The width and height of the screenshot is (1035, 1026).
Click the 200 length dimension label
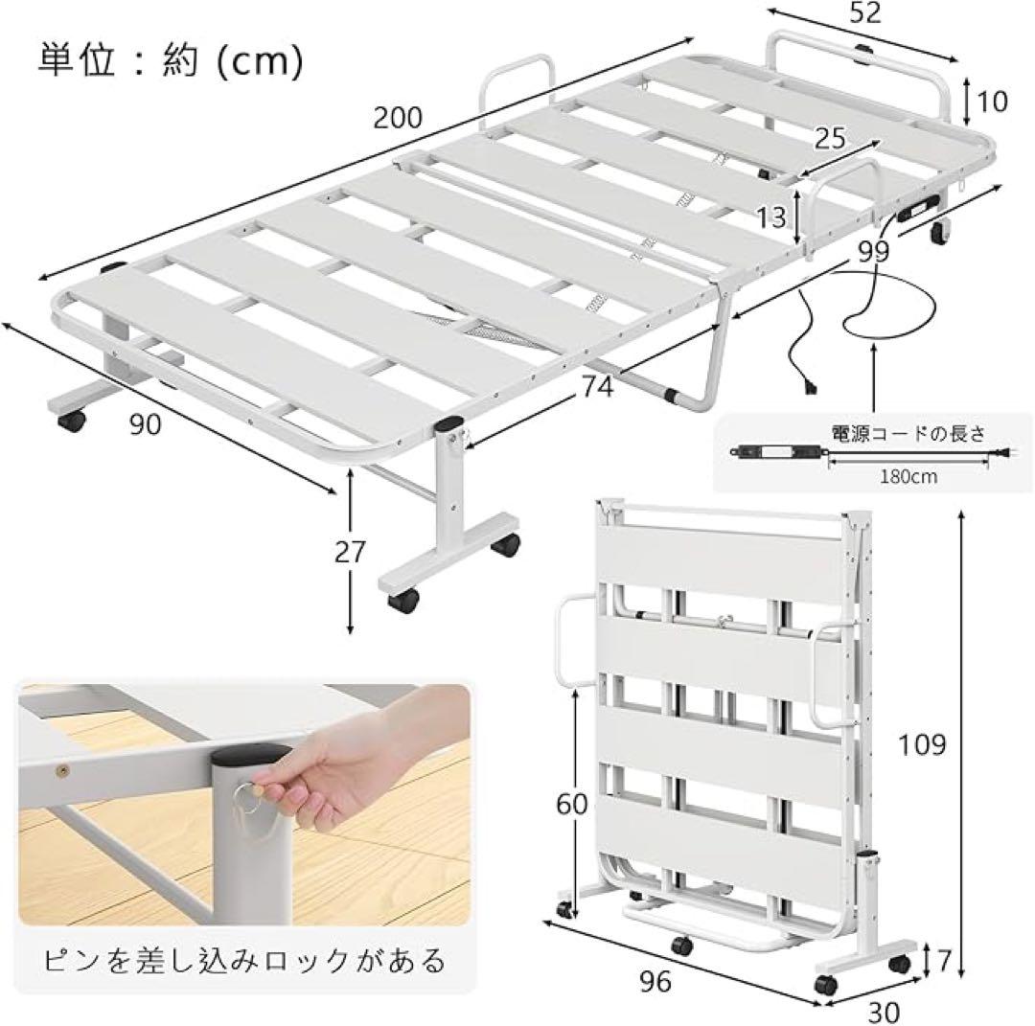coord(398,118)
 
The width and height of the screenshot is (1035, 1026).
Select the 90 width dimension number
coord(146,425)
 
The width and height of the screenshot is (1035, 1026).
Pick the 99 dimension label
coord(873,252)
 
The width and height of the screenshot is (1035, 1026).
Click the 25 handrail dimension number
coord(830,139)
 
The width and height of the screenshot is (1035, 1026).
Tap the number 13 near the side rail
coord(770,217)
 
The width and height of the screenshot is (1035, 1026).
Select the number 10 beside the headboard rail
coord(994,102)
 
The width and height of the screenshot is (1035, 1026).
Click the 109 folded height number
coord(921,743)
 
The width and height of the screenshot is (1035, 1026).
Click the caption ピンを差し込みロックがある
coord(243,958)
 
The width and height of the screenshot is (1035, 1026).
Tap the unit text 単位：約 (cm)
coord(170,59)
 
